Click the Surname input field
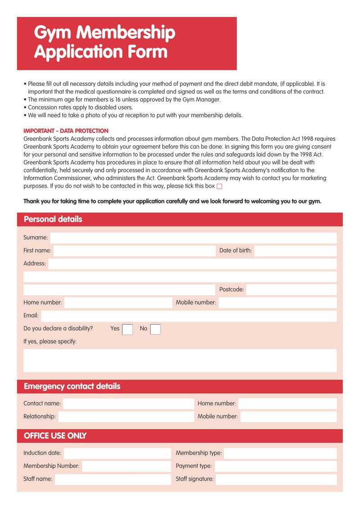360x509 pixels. pos(193,238)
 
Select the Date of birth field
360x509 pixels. pos(295,251)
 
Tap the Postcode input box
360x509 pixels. pos(291,290)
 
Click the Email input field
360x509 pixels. pos(189,316)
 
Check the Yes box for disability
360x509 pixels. pos(127,329)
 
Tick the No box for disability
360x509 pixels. pos(155,329)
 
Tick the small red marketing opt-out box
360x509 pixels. pos(220,186)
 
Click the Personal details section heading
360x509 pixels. pos(53,220)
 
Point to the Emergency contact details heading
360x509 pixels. pos(72,387)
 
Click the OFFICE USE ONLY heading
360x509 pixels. pos(55,436)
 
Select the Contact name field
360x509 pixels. pos(128,404)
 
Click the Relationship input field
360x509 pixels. pos(126,417)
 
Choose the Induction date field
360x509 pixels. pos(117,453)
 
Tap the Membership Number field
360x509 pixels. pos(126,466)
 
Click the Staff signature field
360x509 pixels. pos(276,479)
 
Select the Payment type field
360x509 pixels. pos(275,466)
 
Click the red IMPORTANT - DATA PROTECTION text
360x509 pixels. pos(66,131)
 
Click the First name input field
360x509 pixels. pos(134,251)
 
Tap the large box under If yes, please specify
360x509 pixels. pos(180,360)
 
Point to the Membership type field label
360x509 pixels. pos(198,453)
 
